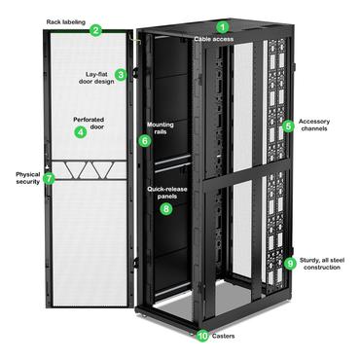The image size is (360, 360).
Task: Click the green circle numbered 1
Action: point(222,26)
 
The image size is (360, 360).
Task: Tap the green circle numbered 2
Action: point(95,30)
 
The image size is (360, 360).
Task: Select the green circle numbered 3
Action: point(121,74)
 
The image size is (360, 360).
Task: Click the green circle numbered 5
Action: point(287,126)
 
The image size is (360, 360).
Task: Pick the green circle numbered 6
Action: point(145,140)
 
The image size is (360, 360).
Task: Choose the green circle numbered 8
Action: point(165,208)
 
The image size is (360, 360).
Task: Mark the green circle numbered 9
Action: point(289,263)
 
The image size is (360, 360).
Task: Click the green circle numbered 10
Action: point(202,336)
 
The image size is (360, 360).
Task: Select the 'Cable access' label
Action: point(213,39)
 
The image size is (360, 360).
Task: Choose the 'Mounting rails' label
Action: point(161,128)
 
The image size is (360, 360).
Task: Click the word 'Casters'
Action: point(225,336)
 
